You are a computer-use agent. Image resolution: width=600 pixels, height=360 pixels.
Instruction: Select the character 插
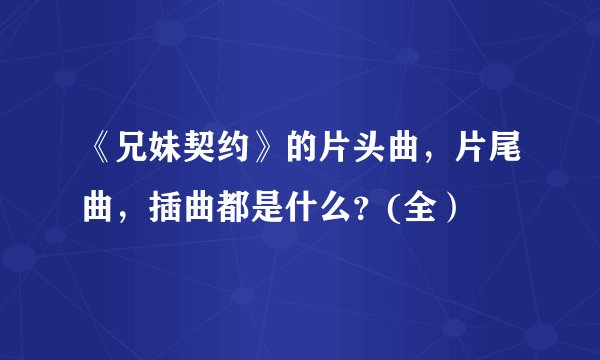click(x=160, y=211)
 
